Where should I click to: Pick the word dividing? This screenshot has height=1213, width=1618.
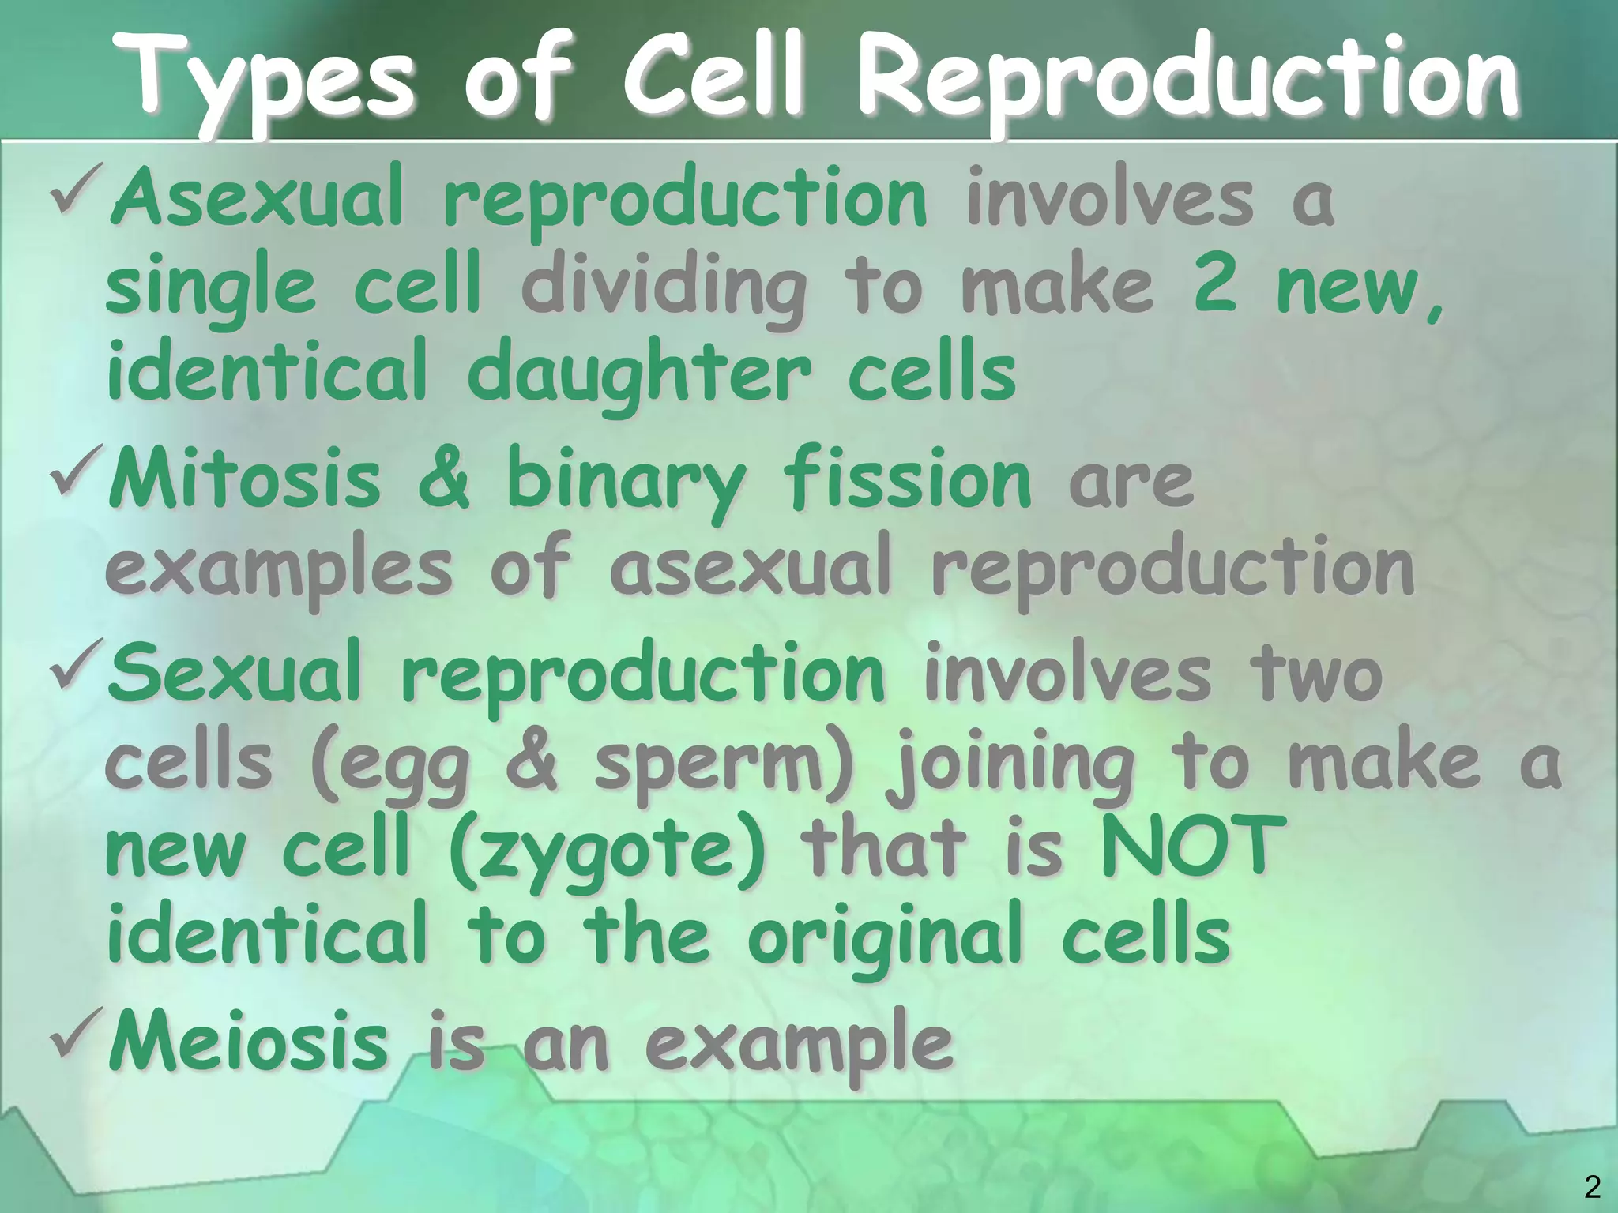tap(664, 288)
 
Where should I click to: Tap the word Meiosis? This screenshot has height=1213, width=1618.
tap(249, 1042)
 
